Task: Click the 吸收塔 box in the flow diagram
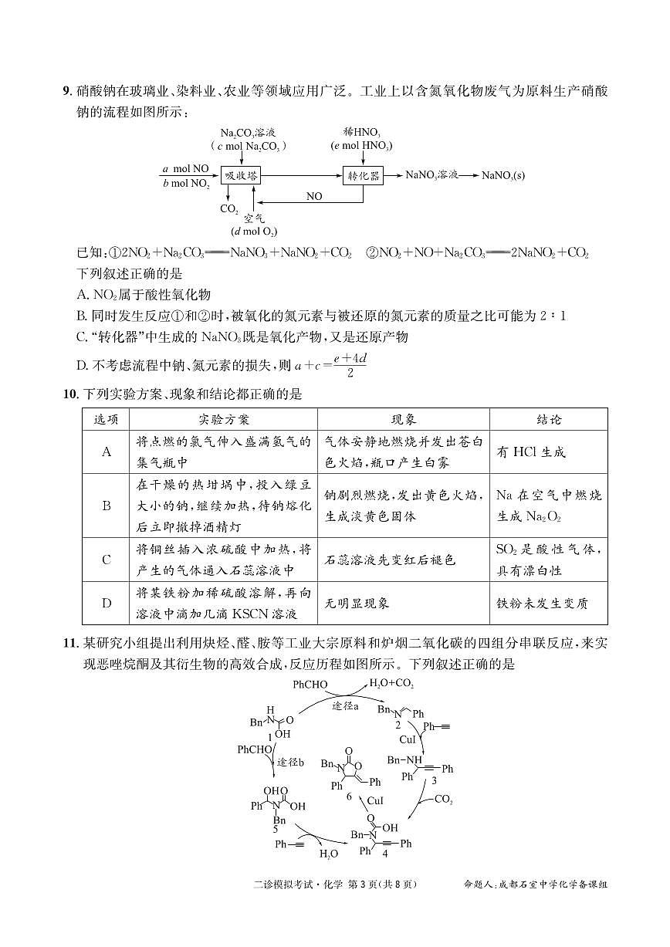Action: (240, 176)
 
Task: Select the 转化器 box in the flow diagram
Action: (363, 176)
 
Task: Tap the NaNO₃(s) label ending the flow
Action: (503, 176)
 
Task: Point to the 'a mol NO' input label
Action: (185, 168)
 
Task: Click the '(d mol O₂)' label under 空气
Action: (254, 232)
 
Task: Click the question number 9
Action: (66, 92)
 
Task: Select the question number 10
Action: (69, 394)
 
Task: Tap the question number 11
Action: (69, 643)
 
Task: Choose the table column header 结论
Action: (549, 420)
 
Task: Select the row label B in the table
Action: (107, 506)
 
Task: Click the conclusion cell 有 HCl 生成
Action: (531, 452)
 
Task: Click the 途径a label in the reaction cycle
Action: (346, 706)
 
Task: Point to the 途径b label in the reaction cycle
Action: (290, 763)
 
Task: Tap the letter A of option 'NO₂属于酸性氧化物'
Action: (83, 295)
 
